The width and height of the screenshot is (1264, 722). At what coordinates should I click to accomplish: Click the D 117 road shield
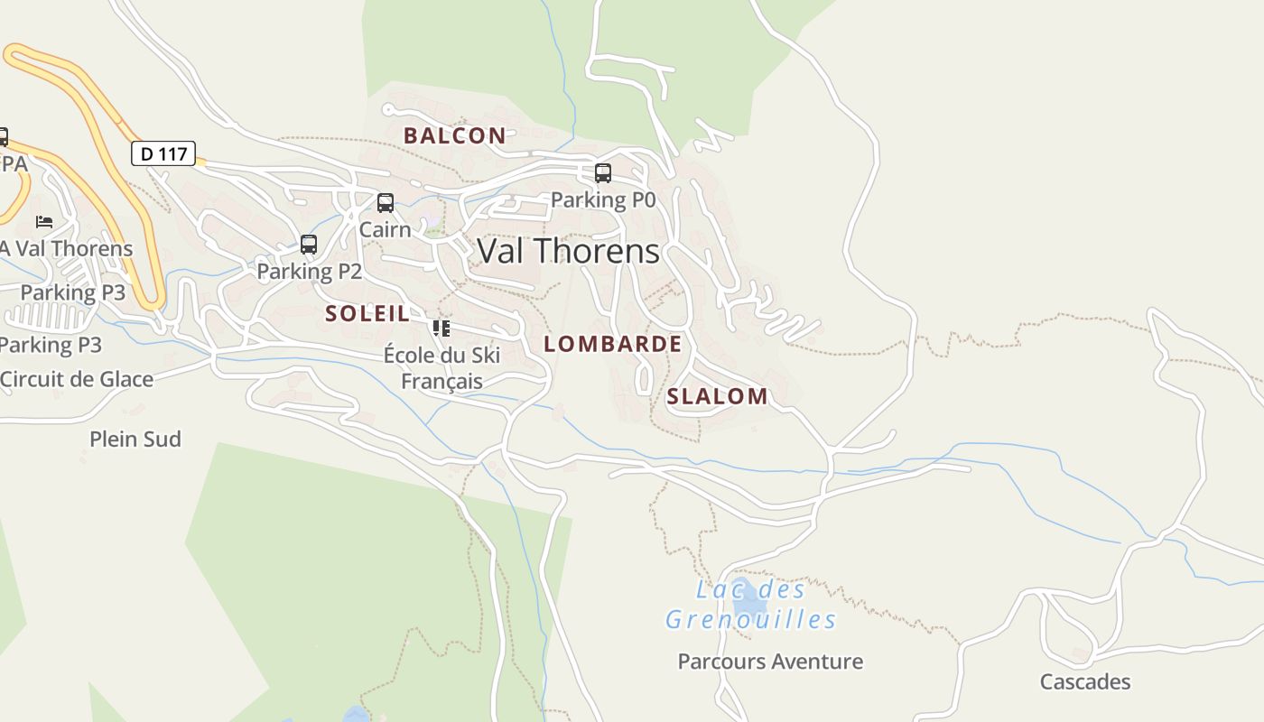[163, 153]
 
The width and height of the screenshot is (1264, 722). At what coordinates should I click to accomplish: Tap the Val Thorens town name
[568, 251]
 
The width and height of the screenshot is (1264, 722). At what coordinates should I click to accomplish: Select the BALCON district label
[454, 135]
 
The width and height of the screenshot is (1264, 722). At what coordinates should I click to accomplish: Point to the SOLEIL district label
[367, 314]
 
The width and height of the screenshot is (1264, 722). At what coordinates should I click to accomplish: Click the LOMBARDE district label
[612, 344]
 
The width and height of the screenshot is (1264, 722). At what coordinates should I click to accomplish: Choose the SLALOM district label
[717, 396]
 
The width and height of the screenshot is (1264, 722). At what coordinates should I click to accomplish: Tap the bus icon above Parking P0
[602, 173]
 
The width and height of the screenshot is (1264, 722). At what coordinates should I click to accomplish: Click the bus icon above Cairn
[386, 203]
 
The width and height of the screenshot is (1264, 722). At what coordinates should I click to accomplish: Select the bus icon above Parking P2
[309, 245]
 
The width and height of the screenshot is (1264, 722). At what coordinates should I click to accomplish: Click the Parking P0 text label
[602, 199]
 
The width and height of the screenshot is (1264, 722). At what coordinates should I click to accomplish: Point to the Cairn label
[386, 229]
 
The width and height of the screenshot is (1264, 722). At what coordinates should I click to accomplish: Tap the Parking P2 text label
[309, 271]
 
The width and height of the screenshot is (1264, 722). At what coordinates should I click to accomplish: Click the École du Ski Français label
[441, 367]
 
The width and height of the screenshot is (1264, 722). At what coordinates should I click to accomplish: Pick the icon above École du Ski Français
[441, 328]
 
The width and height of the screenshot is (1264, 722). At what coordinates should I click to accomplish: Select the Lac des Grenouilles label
[751, 605]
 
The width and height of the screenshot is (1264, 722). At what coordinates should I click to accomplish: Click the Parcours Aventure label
[770, 662]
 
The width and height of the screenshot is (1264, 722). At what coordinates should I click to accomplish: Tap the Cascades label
[1084, 681]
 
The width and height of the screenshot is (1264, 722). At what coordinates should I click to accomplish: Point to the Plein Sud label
[135, 440]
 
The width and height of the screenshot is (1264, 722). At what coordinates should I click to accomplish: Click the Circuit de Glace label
[77, 379]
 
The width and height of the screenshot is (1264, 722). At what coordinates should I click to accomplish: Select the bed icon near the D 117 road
[44, 221]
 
